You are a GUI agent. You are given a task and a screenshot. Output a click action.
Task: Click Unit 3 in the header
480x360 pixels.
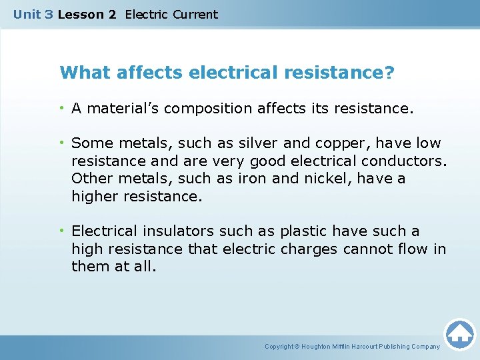pyautogui.click(x=33, y=14)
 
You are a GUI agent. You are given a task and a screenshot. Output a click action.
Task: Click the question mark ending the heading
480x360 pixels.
pyautogui.click(x=389, y=72)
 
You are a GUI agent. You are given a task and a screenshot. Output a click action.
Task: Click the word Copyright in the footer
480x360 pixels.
pyautogui.click(x=279, y=347)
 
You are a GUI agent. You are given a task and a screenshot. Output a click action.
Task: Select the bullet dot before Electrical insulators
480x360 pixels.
pyautogui.click(x=61, y=231)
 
